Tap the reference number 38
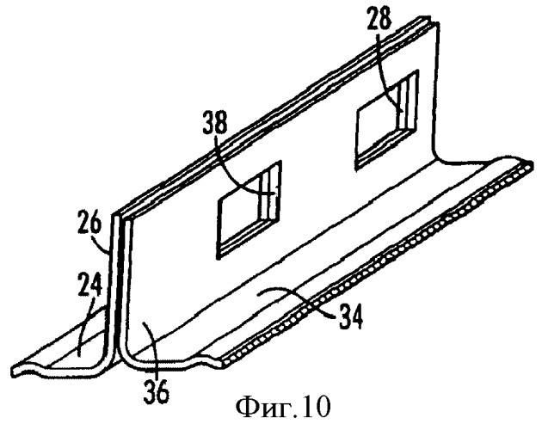pyautogui.click(x=215, y=122)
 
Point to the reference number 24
pyautogui.click(x=89, y=283)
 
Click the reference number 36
pyautogui.click(x=157, y=390)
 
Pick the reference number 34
pyautogui.click(x=351, y=317)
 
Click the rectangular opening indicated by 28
pyautogui.click(x=387, y=120)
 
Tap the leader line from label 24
pyautogui.click(x=84, y=325)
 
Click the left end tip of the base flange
pyautogui.click(x=14, y=372)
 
